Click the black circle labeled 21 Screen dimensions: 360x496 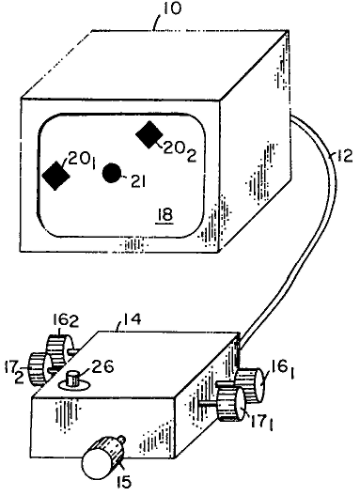[x=112, y=173]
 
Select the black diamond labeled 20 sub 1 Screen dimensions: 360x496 [x=56, y=176]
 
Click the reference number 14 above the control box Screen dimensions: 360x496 [x=131, y=320]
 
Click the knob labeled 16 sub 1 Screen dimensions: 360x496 [x=250, y=384]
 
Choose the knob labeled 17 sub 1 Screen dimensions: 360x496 [x=232, y=404]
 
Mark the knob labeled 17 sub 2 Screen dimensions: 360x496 [x=39, y=369]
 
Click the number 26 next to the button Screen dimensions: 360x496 [x=101, y=367]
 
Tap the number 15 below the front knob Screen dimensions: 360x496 [x=124, y=482]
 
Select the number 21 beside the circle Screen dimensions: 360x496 [x=138, y=182]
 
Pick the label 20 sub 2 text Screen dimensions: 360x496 [x=180, y=152]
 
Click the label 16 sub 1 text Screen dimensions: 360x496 [x=283, y=370]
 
